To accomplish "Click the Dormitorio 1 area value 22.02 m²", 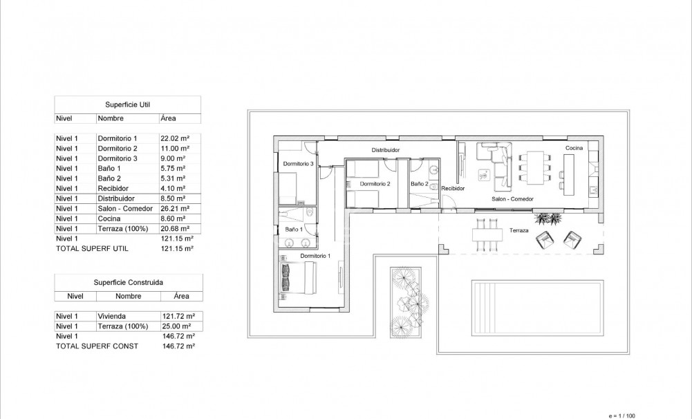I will (174, 138).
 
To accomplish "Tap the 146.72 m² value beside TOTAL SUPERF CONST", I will (176, 346).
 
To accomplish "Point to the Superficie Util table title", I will (127, 104).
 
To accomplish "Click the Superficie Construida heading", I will (129, 282).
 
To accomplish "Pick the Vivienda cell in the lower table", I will (110, 316).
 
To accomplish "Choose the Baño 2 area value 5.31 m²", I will (172, 178).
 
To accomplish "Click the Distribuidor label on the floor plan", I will (385, 150).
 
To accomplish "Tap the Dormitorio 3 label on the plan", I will (299, 164).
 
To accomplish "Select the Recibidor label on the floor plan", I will (452, 188).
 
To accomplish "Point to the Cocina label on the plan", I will (574, 149).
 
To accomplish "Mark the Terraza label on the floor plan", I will (519, 230).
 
